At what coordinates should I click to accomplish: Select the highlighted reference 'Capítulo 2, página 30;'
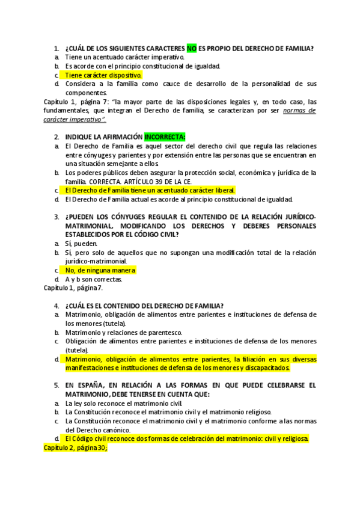click(x=75, y=447)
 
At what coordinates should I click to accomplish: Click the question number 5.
click(x=56, y=385)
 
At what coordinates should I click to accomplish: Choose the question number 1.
click(x=56, y=48)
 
